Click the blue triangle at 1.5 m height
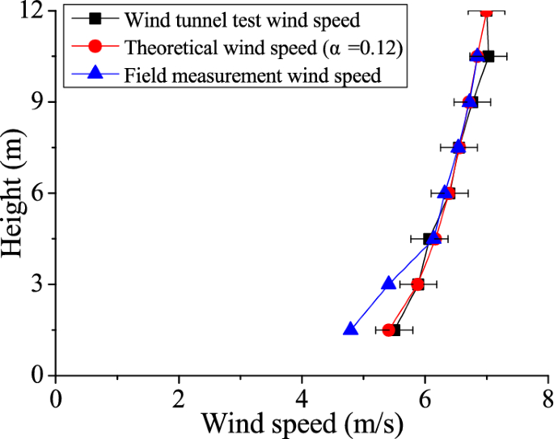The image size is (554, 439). [350, 329]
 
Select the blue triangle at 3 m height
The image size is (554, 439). [388, 283]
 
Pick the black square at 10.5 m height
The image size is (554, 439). [488, 56]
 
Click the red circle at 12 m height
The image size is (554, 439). [486, 11]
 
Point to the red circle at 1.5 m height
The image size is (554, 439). [388, 330]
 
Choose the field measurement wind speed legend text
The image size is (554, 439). [253, 77]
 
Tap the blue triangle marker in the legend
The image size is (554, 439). [95, 75]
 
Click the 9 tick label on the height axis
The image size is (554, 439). [39, 102]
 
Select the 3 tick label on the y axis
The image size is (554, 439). [39, 284]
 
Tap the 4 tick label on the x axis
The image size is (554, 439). [302, 397]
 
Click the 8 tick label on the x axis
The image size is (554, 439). [547, 397]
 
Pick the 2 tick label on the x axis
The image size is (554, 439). [179, 397]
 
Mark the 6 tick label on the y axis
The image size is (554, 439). [39, 193]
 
